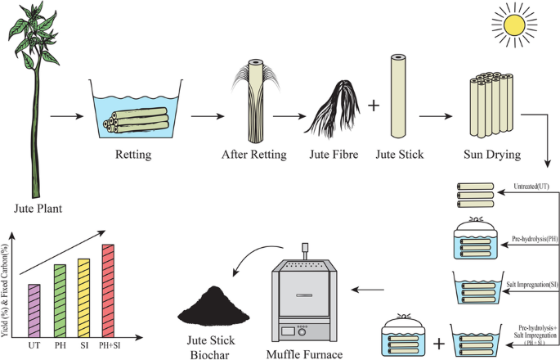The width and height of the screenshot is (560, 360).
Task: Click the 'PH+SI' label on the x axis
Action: pos(108,346)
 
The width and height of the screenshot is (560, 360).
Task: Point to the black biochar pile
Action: pos(213,306)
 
